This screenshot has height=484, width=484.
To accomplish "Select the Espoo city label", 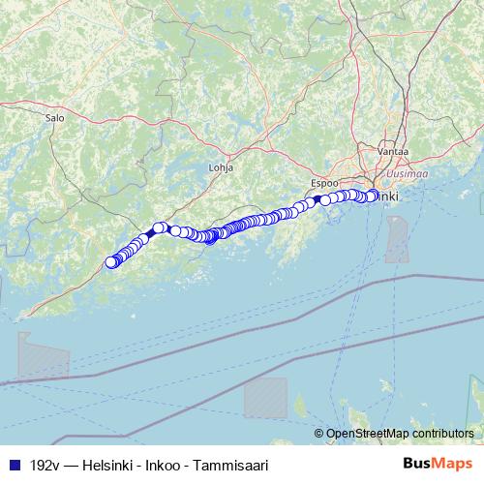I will pos(324,182).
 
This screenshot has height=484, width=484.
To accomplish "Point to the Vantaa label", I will pos(394,152).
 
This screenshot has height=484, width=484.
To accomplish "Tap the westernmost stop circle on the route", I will pos(110,261).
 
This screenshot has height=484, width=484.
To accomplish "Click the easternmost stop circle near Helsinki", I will pos(373,196).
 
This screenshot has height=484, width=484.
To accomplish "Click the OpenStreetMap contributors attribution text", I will pos(399,434).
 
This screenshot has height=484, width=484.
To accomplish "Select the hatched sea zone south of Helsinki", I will pos(397,239).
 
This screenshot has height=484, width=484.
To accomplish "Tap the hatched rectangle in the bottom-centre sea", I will pos(265,397).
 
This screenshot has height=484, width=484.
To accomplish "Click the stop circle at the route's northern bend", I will pos(160,228).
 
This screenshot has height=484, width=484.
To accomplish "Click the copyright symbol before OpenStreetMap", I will pos(319,434).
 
